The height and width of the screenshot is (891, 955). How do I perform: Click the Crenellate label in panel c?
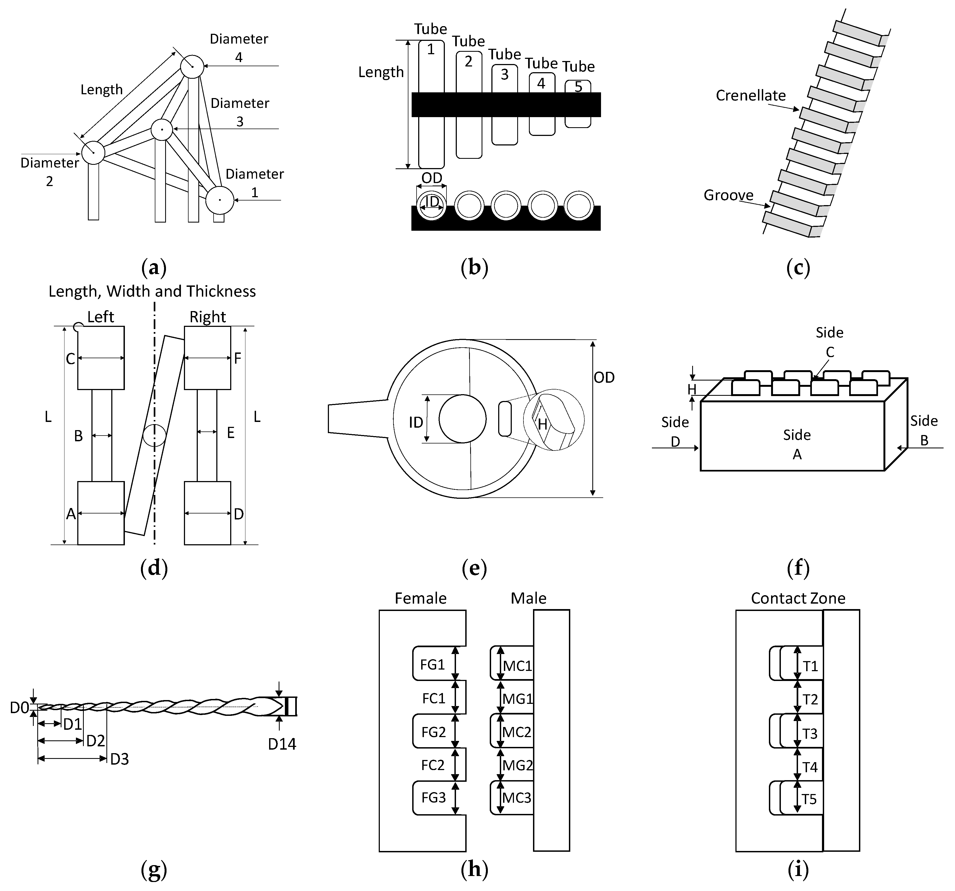[750, 96]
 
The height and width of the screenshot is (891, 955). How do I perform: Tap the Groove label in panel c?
[728, 195]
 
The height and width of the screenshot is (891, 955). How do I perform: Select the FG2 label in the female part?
[433, 732]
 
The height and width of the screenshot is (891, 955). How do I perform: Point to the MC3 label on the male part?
[517, 798]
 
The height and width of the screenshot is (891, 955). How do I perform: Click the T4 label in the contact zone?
[810, 767]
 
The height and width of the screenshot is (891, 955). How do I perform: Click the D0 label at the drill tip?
[19, 708]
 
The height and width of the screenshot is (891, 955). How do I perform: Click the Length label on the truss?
[101, 90]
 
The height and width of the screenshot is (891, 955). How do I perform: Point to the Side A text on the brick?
[797, 444]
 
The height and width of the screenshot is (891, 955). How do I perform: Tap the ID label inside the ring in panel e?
[416, 423]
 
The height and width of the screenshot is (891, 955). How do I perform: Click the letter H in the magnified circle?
[542, 424]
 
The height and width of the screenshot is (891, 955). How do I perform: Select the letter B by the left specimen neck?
[78, 436]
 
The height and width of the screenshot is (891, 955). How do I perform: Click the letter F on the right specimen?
[237, 358]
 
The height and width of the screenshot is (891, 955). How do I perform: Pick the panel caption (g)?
[154, 870]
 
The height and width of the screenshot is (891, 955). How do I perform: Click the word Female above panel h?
[420, 598]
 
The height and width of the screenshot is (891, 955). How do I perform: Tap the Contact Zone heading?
[798, 598]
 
